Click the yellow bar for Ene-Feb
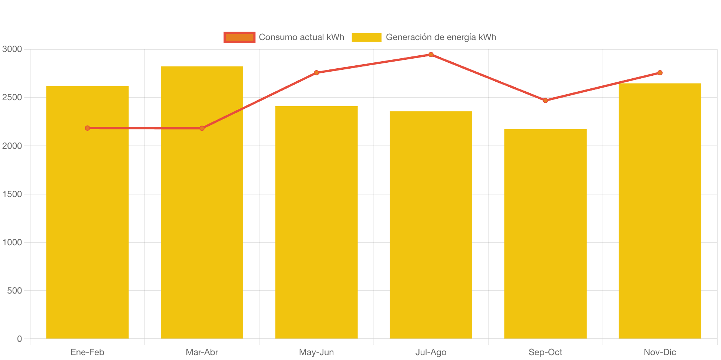[x=87, y=223]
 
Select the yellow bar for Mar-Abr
[x=202, y=223]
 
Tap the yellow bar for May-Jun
[x=316, y=223]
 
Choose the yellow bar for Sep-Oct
[x=545, y=234]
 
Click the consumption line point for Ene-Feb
[x=87, y=128]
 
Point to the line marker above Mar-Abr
[x=202, y=128]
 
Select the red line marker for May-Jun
[x=316, y=73]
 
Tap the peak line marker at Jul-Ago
[x=431, y=55]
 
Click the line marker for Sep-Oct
[x=545, y=101]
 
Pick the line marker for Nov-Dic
[x=660, y=73]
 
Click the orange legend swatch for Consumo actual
[x=239, y=37]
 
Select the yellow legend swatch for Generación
[x=366, y=37]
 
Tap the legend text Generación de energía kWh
[x=441, y=37]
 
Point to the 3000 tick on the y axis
[x=12, y=49]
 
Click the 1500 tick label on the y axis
[x=12, y=194]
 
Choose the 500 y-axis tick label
[x=14, y=291]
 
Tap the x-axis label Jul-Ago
[x=431, y=352]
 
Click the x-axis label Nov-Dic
[x=660, y=352]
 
